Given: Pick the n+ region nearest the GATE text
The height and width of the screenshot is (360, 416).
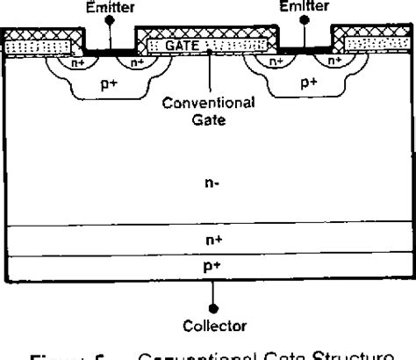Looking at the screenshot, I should point(138,62).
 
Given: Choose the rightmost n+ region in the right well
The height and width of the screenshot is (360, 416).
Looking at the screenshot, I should point(336,62).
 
